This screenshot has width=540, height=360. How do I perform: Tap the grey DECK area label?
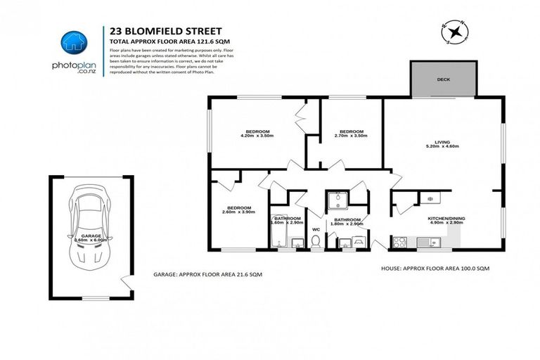pyautogui.click(x=443, y=79)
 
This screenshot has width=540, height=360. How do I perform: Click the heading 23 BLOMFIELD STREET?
pyautogui.click(x=166, y=31)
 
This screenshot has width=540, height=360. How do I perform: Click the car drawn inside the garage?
pyautogui.click(x=89, y=225)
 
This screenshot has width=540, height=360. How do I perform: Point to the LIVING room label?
pyautogui.click(x=442, y=141)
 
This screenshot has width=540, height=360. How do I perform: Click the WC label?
pyautogui.click(x=316, y=229)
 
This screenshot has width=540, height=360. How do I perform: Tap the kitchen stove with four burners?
pyautogui.click(x=400, y=242)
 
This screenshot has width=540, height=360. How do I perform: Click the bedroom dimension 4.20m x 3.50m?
pyautogui.click(x=255, y=136)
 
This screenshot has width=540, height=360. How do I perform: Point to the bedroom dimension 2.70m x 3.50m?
pyautogui.click(x=351, y=136)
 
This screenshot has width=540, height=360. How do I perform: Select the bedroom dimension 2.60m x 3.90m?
pyautogui.click(x=239, y=212)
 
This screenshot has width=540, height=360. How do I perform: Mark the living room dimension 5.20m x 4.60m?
pyautogui.click(x=442, y=146)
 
